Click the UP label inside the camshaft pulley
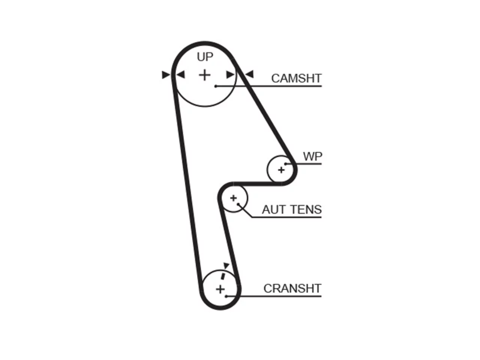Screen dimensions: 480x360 click(x=205, y=57)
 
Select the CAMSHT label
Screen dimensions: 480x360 click(x=296, y=78)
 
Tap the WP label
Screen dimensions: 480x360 click(x=312, y=156)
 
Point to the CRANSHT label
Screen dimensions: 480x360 click(x=292, y=288)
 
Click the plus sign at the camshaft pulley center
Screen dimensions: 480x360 click(x=205, y=75)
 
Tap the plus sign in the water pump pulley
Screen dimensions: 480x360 click(x=281, y=170)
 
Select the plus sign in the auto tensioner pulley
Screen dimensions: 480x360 click(x=234, y=198)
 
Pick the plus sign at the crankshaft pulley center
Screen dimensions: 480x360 click(x=220, y=289)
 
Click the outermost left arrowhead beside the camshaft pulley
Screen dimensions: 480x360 click(x=166, y=75)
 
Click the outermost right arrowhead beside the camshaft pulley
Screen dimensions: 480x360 click(x=249, y=74)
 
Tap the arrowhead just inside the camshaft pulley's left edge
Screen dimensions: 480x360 click(x=181, y=75)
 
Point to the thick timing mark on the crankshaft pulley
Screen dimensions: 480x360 click(x=223, y=276)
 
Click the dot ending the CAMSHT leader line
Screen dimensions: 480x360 click(x=216, y=86)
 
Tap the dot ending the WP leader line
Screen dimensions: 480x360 click(x=285, y=164)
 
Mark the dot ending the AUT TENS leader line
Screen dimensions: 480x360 click(x=238, y=204)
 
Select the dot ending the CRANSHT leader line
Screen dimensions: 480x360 click(x=226, y=296)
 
